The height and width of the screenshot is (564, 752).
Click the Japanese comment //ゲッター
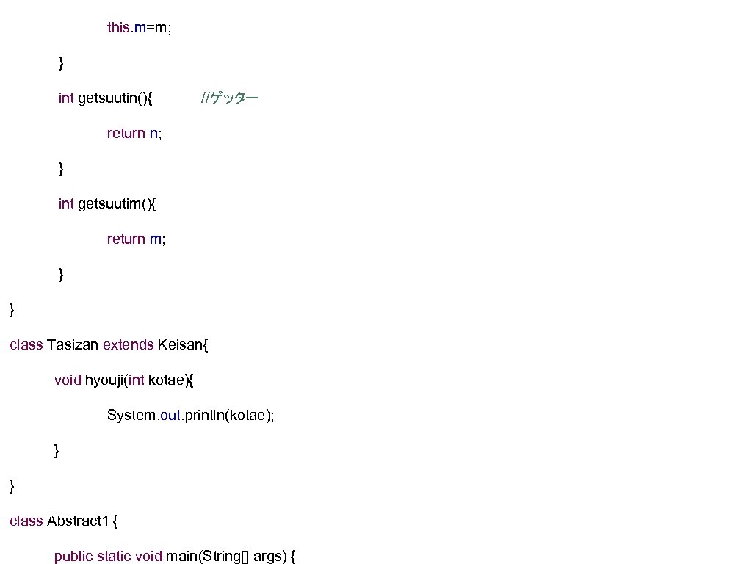(230, 98)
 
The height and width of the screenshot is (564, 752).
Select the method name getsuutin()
(114, 98)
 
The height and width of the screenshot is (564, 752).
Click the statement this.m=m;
(140, 28)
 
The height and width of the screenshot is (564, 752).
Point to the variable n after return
(153, 133)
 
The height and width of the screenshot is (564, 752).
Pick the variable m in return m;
(156, 239)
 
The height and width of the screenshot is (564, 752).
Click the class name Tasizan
(73, 344)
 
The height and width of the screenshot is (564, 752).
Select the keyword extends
(128, 344)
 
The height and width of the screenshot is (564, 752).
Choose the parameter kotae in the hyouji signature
(167, 380)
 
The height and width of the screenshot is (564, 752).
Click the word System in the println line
(131, 415)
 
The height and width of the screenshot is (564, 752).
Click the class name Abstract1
(79, 521)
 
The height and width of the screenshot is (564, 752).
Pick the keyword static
(113, 556)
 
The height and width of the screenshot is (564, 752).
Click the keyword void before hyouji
(68, 380)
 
